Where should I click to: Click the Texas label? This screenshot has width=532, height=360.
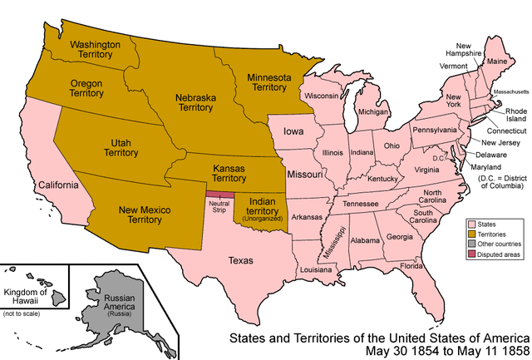241,260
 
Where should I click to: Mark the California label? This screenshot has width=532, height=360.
57,184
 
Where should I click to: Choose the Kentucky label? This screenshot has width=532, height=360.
382,179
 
